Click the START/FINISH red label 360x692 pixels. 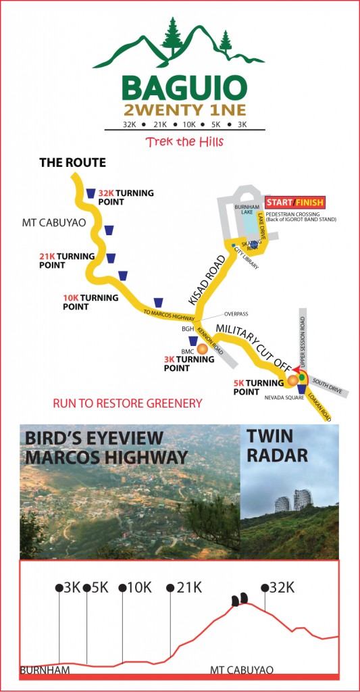[x=295, y=202]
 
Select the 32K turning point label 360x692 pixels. [x=126, y=197]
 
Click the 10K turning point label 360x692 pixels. [x=91, y=302]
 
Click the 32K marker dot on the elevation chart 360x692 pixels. [x=265, y=587]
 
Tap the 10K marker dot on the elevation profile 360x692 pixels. [x=123, y=587]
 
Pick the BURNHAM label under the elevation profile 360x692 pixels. [x=45, y=670]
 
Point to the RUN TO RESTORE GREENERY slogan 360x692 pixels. [x=128, y=403]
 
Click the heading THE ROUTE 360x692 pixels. [x=72, y=163]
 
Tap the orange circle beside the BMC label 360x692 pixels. [x=202, y=349]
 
